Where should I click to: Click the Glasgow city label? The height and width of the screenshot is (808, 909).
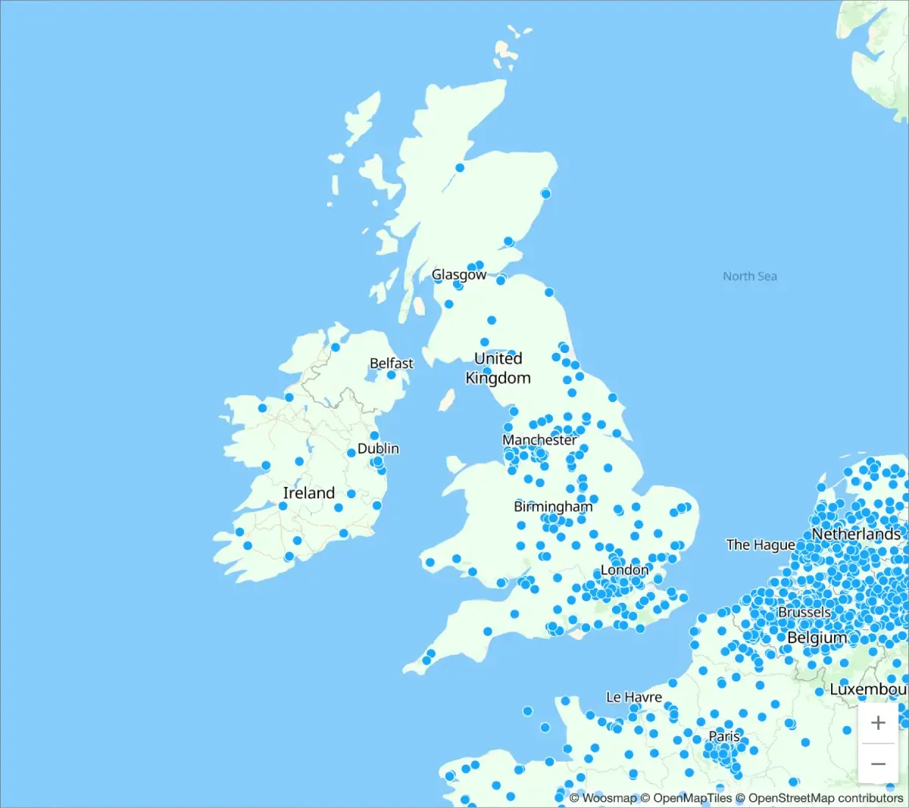point(458,275)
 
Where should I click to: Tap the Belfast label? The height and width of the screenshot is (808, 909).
point(391,363)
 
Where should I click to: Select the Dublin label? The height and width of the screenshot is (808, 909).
point(378,448)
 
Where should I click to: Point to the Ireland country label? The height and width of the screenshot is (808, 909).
point(309,493)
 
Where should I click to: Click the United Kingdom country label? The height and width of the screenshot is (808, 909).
point(498,368)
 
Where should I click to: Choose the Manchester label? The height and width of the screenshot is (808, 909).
point(539,440)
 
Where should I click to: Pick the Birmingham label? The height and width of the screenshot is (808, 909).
point(553,507)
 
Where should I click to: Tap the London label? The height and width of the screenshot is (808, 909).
point(624,569)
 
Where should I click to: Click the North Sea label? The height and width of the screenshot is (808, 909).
point(749,276)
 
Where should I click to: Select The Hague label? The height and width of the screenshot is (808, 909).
point(760,544)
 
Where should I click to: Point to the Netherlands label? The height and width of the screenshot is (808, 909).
point(856,534)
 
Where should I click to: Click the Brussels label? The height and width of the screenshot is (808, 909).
point(804,612)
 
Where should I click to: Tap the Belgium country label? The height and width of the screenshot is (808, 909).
point(817,638)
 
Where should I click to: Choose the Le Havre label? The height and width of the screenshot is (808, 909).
point(633,697)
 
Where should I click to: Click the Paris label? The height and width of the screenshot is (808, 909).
point(724,736)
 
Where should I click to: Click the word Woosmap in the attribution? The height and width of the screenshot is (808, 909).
point(609,798)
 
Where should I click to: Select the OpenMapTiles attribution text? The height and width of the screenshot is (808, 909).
point(692,798)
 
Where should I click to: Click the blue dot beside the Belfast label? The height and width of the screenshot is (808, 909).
point(392,375)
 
